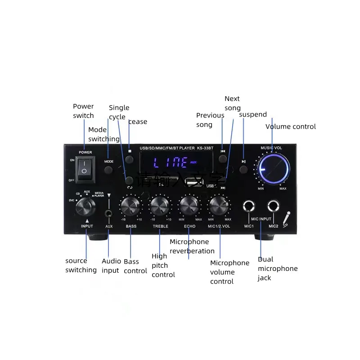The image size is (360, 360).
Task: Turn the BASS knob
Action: (x=130, y=207)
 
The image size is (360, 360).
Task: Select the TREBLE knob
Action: (x=160, y=207)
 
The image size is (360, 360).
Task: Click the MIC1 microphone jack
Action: (x=249, y=207)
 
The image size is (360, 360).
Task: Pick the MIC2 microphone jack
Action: (x=273, y=207)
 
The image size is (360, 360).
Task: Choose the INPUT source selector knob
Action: (x=85, y=207)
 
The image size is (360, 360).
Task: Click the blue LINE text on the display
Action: (x=171, y=162)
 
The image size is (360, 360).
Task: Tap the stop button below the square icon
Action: (x=130, y=160)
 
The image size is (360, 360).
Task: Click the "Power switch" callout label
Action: (x=83, y=111)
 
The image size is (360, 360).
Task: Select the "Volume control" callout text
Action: (x=290, y=126)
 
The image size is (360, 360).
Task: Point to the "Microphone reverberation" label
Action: (x=192, y=246)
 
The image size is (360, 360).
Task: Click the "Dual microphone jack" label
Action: (x=277, y=268)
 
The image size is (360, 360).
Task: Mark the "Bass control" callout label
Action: (x=135, y=266)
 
